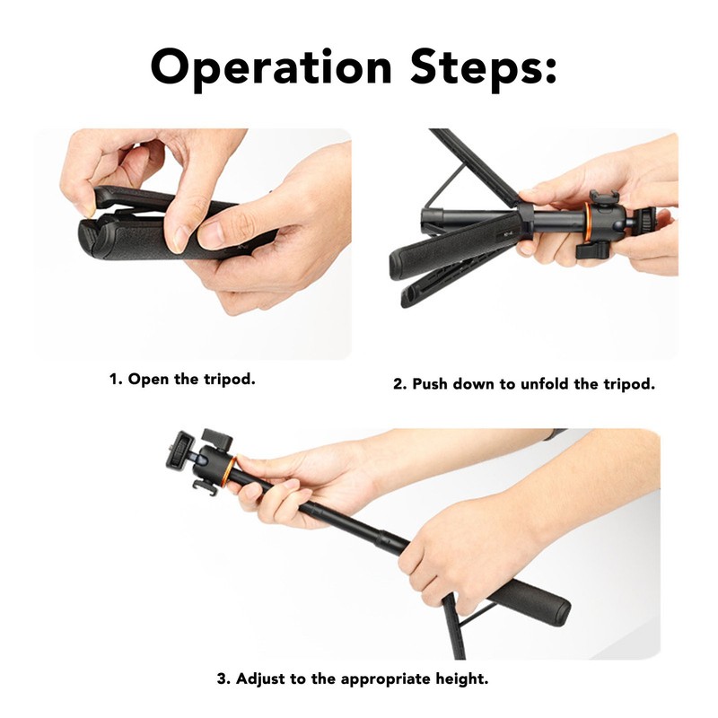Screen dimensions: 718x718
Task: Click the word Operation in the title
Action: (x=260, y=66)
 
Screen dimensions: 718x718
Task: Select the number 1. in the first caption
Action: (x=116, y=379)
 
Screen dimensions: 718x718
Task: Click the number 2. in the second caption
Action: (x=400, y=384)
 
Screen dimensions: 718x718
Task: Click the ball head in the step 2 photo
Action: (x=619, y=215)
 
